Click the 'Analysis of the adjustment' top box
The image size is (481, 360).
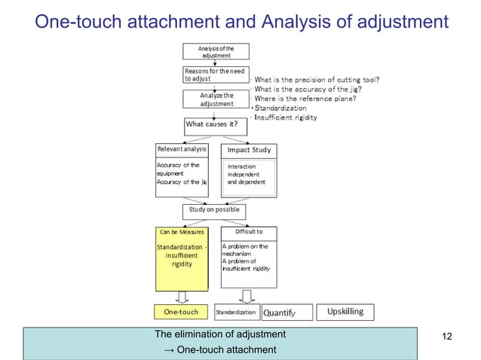click(216, 51)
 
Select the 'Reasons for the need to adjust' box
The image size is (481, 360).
click(216, 75)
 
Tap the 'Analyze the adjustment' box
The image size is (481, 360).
click(216, 99)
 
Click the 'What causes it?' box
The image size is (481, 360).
click(216, 124)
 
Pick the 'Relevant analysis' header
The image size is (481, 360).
click(182, 149)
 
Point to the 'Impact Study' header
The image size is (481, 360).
click(249, 149)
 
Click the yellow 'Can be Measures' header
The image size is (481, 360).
click(182, 232)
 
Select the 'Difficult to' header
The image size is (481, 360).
click(249, 232)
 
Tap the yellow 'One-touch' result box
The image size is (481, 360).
click(182, 311)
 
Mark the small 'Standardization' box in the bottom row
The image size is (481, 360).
click(237, 312)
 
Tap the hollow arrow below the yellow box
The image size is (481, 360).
click(182, 297)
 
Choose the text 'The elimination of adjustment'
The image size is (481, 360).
click(220, 334)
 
